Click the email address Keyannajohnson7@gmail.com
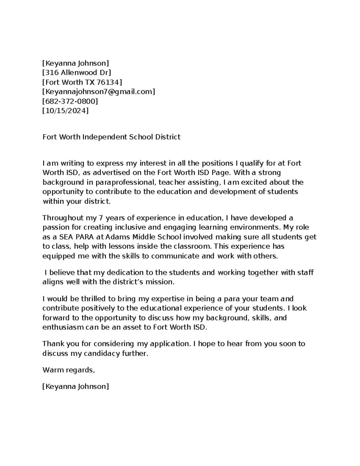coord(99,92)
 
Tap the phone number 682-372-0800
coord(70,101)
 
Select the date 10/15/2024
coord(65,111)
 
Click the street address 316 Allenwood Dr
coord(76,73)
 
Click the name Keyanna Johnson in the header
coord(76,63)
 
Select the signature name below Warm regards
coord(76,386)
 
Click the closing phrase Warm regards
coord(68,370)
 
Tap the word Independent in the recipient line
coord(105,137)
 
